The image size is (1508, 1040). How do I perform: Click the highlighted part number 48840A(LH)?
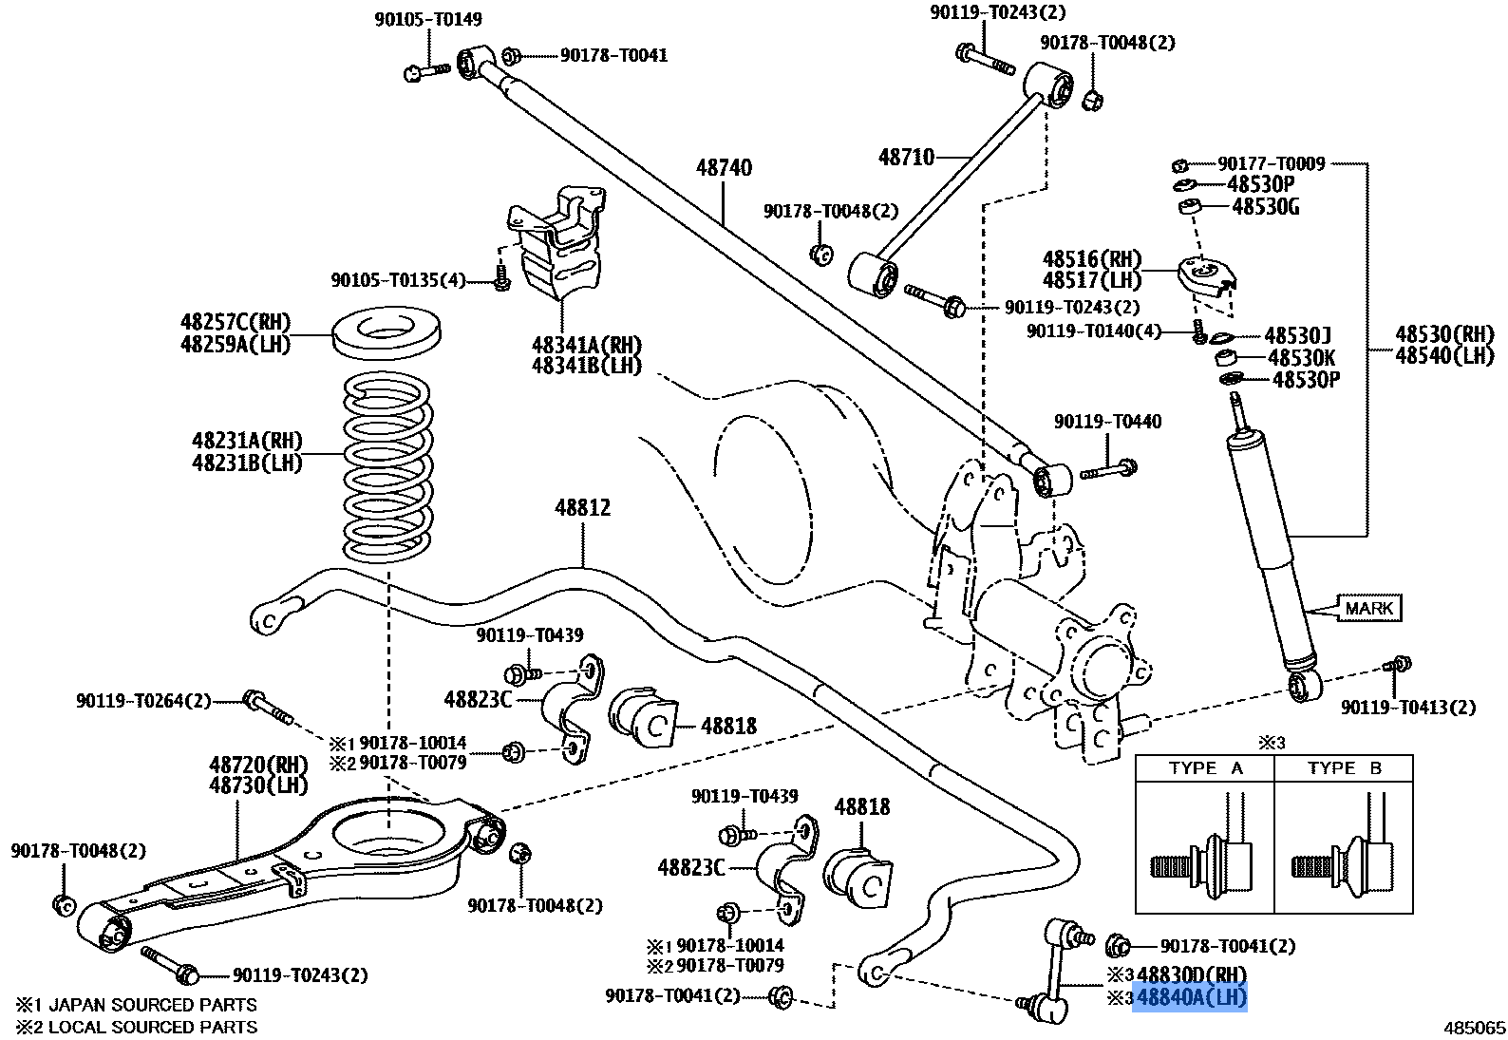click(x=1190, y=998)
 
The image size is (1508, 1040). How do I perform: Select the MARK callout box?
click(x=1369, y=608)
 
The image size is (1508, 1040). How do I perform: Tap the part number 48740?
click(x=724, y=168)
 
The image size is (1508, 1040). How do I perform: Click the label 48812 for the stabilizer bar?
click(x=583, y=508)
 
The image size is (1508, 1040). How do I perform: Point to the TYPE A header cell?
click(x=1205, y=768)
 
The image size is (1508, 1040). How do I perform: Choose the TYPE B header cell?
click(x=1344, y=768)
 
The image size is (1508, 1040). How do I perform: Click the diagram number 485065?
click(x=1475, y=1028)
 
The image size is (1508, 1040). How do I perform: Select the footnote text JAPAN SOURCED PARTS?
click(x=152, y=1004)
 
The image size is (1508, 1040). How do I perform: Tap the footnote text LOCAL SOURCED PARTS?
click(x=152, y=1027)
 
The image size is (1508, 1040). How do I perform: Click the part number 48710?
click(x=906, y=157)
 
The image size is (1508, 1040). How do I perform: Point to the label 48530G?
click(x=1265, y=206)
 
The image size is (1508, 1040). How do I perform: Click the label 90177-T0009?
click(x=1272, y=164)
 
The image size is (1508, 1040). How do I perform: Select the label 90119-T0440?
click(x=1106, y=421)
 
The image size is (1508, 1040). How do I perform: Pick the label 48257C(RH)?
click(x=236, y=321)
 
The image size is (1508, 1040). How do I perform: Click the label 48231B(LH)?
click(x=247, y=463)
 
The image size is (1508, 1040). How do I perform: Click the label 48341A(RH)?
click(x=586, y=344)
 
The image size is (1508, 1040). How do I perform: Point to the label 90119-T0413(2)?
click(x=1408, y=707)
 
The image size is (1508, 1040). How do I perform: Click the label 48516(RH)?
click(x=1092, y=259)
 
